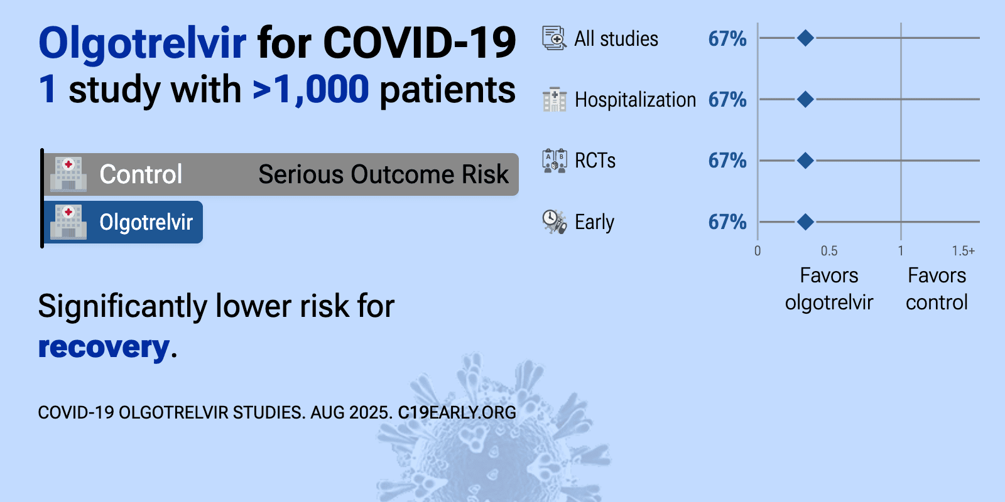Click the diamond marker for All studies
point(805,38)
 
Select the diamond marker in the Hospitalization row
point(805,99)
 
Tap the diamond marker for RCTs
point(805,161)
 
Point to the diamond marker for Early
point(805,222)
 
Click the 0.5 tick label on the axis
point(828,250)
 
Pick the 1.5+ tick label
point(964,250)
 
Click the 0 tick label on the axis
point(758,250)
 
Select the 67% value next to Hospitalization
point(727,100)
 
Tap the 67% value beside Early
point(727,222)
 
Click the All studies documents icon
point(555,38)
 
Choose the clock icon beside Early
point(555,222)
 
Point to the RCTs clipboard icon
point(555,161)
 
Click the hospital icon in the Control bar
point(68,174)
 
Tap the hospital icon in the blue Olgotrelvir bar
point(68,222)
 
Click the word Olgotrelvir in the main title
point(143,43)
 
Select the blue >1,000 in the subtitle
point(310,89)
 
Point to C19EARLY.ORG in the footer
point(457,412)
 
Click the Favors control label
point(937,289)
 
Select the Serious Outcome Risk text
point(384,174)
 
